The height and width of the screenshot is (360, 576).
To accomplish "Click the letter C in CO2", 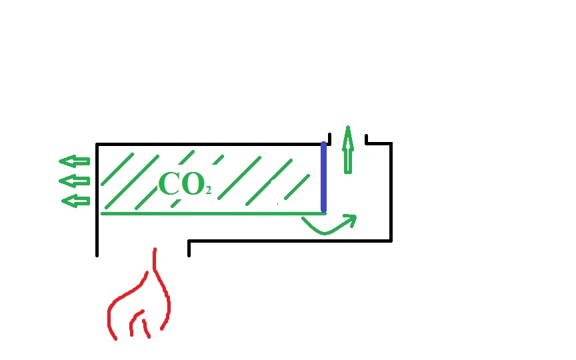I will coord(169,184).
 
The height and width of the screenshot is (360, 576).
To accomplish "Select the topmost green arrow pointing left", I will coord(74,161).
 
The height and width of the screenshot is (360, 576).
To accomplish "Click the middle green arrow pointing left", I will coord(74,181).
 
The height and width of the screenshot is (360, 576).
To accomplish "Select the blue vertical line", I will coord(324,177).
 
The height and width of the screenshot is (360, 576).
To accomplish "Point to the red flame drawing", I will coord(140,303).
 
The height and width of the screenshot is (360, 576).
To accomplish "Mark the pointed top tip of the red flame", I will coord(155,251).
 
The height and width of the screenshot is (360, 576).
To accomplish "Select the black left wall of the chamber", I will coord(97,200).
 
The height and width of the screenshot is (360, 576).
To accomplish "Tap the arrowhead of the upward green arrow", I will coord(347,132).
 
